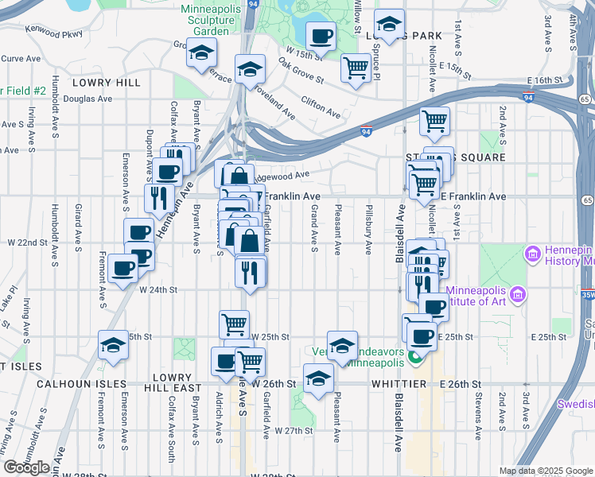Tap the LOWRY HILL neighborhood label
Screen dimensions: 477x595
[x=106, y=83]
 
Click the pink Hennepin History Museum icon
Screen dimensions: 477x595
[x=532, y=254]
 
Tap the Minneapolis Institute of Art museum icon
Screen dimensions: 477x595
[x=519, y=295]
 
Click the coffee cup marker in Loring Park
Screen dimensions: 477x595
[x=321, y=36]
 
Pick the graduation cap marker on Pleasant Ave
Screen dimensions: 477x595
[x=342, y=346]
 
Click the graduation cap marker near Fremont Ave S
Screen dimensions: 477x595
[x=113, y=345]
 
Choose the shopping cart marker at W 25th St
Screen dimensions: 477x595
[x=235, y=323]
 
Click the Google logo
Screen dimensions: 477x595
[x=26, y=467]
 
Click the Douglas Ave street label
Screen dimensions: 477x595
[x=88, y=99]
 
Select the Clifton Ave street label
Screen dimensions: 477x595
[x=321, y=108]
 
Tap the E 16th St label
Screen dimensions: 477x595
[x=545, y=81]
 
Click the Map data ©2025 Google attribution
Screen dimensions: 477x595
[x=545, y=471]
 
